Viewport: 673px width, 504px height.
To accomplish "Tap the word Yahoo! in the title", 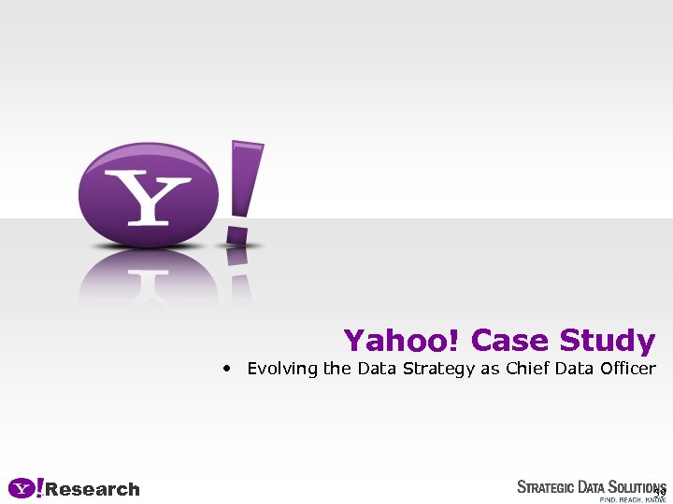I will pos(402,341).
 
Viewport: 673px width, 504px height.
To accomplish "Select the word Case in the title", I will pos(510,341).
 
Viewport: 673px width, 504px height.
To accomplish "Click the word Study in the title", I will pos(608,341).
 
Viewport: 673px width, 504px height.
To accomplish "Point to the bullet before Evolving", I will pos(227,369).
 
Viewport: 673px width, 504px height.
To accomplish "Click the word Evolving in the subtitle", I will pos(282,369).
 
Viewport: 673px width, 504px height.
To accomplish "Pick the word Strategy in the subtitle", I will pos(439,370).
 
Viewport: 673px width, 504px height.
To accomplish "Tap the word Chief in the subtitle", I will pos(527,369).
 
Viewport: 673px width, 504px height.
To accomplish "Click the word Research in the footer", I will pos(93,489).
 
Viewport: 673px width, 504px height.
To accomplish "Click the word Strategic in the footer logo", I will pos(551,487).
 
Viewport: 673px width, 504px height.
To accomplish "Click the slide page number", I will pos(660,492).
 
